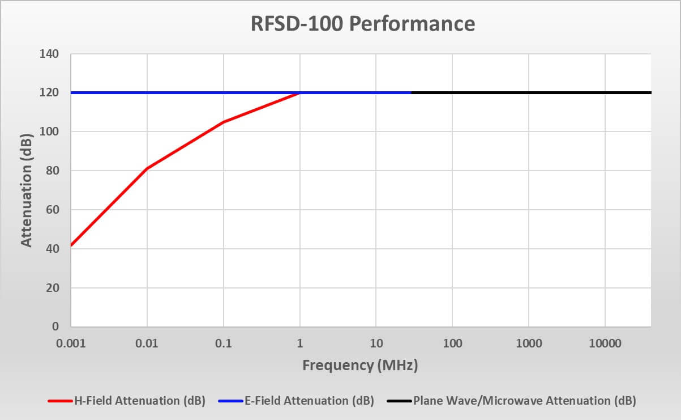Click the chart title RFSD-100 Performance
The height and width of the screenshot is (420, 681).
click(x=363, y=24)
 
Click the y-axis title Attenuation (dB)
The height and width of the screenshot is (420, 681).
click(x=26, y=190)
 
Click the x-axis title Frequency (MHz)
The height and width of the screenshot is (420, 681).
click(x=360, y=365)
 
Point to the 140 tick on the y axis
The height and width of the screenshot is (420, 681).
click(x=49, y=54)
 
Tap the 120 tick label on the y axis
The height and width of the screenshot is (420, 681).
click(x=49, y=93)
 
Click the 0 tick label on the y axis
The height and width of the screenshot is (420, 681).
click(x=55, y=327)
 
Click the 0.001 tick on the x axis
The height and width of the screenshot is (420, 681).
click(x=71, y=343)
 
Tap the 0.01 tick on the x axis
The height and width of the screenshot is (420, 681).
click(x=147, y=343)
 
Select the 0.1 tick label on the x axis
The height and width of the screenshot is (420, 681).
click(x=224, y=343)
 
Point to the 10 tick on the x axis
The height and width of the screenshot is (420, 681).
click(x=376, y=343)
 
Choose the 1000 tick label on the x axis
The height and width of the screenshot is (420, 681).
click(x=529, y=343)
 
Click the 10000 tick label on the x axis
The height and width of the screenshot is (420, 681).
click(x=605, y=343)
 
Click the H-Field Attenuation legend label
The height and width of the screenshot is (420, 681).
click(x=139, y=401)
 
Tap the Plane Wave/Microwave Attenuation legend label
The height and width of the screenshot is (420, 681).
click(x=525, y=401)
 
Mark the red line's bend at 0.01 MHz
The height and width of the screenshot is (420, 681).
click(x=147, y=168)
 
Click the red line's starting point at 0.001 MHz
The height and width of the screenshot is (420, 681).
click(x=71, y=245)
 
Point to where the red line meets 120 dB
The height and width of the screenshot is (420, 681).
click(x=299, y=92)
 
